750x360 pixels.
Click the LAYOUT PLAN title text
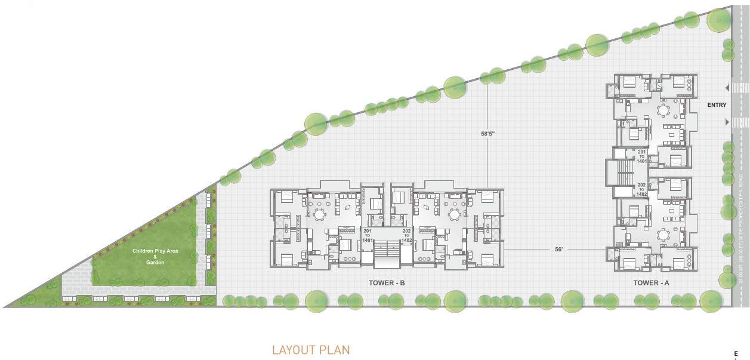(311, 350)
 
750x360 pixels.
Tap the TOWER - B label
(387, 283)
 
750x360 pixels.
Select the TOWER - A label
(651, 283)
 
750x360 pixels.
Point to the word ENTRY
(717, 105)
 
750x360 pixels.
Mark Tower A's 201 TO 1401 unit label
(641, 156)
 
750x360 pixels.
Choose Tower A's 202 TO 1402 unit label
(641, 190)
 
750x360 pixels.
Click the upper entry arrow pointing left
(727, 88)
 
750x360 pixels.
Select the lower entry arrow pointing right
(727, 122)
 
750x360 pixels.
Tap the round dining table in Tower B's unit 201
(320, 214)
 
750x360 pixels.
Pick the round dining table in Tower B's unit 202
(455, 214)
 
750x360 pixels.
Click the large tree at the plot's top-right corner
(718, 21)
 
